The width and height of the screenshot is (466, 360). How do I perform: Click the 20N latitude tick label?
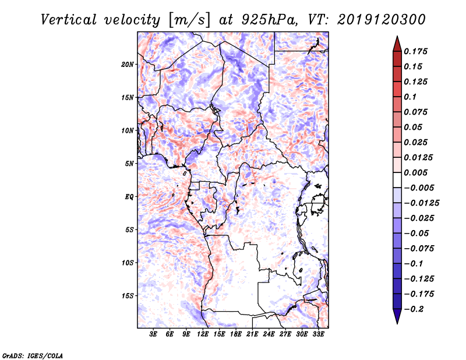click(x=128, y=65)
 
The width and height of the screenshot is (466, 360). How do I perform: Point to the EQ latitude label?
click(x=129, y=197)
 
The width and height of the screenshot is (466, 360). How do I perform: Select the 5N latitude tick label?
click(x=129, y=164)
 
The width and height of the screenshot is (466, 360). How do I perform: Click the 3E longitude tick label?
click(x=153, y=334)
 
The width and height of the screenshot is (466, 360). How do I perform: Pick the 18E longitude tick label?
click(x=236, y=334)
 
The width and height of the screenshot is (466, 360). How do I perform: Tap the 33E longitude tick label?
click(x=318, y=334)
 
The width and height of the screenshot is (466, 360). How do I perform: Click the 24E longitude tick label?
click(x=269, y=334)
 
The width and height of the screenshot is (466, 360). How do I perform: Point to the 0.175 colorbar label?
click(x=415, y=52)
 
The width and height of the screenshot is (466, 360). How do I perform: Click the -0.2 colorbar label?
click(x=414, y=309)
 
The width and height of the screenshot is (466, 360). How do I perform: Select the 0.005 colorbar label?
click(x=415, y=172)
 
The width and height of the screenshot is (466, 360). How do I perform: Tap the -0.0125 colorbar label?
click(x=421, y=203)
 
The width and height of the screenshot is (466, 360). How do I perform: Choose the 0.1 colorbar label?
click(x=410, y=97)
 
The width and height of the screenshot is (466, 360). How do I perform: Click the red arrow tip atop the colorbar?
click(x=397, y=36)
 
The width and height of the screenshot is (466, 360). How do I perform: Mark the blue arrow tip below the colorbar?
click(x=397, y=323)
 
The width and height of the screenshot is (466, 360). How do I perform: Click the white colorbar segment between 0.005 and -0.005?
click(x=397, y=180)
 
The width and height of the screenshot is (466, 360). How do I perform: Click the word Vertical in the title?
click(x=69, y=20)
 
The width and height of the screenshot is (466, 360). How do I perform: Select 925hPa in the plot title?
click(x=269, y=20)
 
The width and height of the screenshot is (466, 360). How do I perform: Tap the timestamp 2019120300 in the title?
click(x=382, y=20)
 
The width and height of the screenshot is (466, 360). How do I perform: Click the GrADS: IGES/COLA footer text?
click(x=33, y=355)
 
